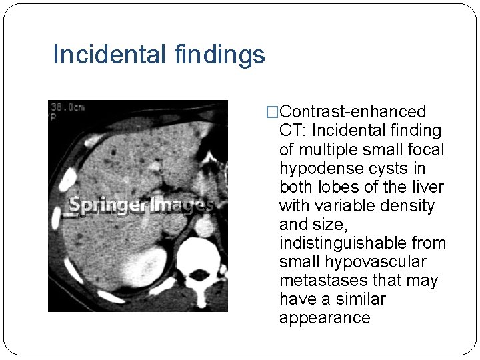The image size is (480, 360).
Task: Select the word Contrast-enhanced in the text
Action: coord(353,111)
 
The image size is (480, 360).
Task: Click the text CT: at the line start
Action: coord(292,131)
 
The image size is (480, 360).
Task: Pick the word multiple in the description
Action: coord(324,149)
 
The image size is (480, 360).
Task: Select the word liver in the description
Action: coord(427,187)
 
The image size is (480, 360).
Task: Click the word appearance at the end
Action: coord(325,317)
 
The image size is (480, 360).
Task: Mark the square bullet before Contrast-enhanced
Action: coord(272,112)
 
